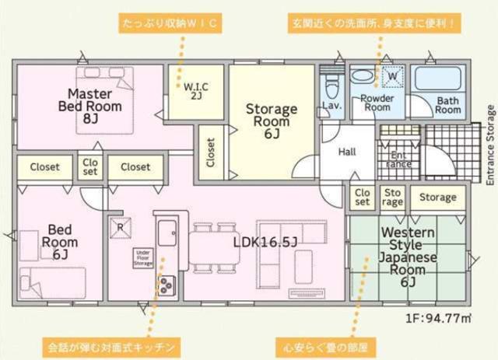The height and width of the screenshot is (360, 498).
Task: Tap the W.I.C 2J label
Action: [194, 90]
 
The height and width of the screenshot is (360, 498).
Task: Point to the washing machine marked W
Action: [392, 76]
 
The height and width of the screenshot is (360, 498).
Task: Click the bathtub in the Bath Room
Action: [437, 79]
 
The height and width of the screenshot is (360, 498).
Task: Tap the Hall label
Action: [347, 152]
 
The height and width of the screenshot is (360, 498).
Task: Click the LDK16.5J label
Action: [266, 242]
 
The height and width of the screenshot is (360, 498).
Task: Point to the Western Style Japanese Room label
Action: [407, 257]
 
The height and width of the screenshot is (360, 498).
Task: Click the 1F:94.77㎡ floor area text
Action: [439, 317]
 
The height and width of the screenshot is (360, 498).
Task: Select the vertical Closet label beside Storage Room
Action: [211, 153]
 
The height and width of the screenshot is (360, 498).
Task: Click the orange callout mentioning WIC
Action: [172, 23]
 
